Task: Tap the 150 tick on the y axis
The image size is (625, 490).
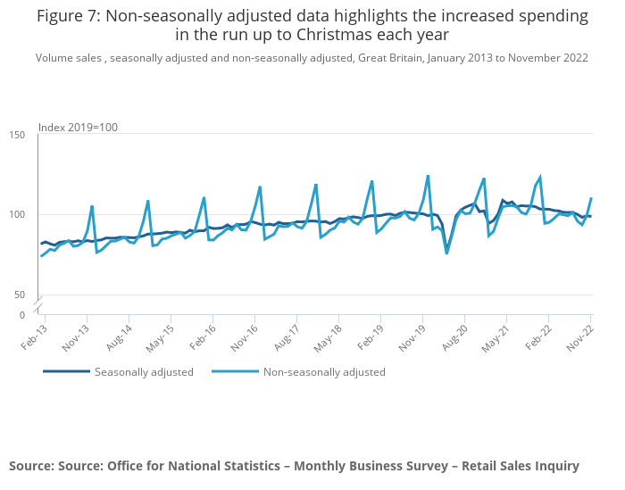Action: click(x=17, y=135)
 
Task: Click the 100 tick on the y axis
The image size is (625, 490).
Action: click(x=17, y=215)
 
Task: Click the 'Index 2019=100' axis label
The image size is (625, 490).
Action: click(x=78, y=128)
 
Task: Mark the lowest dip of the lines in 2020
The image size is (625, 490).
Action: click(x=446, y=253)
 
